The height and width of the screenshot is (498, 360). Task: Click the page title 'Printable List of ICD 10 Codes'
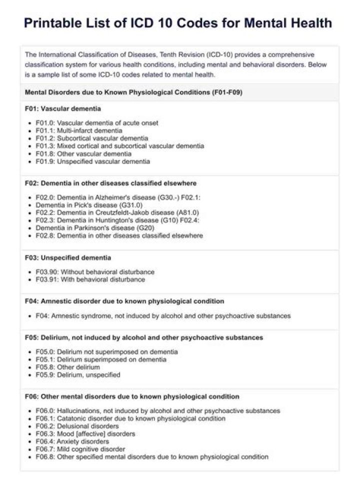[178, 23]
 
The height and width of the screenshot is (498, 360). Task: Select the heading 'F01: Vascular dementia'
[62, 108]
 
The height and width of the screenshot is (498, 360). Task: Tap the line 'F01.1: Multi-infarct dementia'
[79, 130]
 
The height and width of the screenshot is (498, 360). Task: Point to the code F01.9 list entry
[92, 161]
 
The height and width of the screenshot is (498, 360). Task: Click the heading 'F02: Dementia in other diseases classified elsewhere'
[110, 183]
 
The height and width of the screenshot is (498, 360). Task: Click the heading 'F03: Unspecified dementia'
[68, 257]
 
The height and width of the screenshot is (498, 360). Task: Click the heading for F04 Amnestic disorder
[124, 301]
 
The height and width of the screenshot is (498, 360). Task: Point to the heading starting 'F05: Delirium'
[143, 337]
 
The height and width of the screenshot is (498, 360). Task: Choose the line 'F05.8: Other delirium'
[67, 367]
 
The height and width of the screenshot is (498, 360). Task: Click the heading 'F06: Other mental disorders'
[132, 396]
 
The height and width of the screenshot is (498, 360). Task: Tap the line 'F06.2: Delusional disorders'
[77, 426]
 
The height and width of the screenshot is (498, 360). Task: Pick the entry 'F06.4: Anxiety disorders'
[72, 441]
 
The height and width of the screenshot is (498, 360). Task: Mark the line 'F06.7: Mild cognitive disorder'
[80, 449]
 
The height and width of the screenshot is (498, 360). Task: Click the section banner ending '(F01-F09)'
[133, 92]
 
